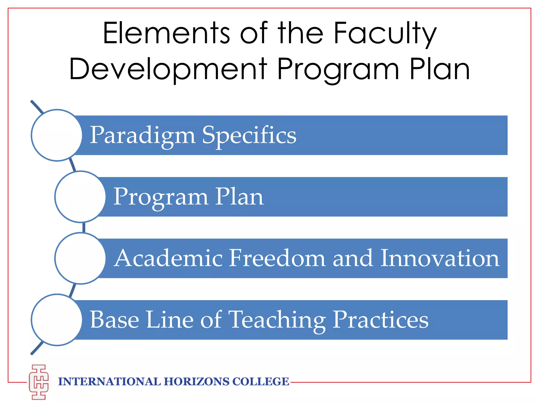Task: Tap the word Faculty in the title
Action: pos(385,33)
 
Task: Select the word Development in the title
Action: pos(168,69)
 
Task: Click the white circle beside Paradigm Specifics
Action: pos(57,135)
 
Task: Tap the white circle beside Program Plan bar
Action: pos(80,197)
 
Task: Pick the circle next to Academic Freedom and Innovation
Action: pos(80,258)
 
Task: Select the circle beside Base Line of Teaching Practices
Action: pos(57,320)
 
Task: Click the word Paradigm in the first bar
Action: pos(142,136)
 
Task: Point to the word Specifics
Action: pos(249,136)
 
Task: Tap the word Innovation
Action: pos(440,258)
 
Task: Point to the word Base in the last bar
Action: pos(114,320)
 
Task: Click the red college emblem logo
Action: pos(39,382)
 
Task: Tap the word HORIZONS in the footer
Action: pos(197,382)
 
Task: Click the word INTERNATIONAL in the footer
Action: pos(109,382)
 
